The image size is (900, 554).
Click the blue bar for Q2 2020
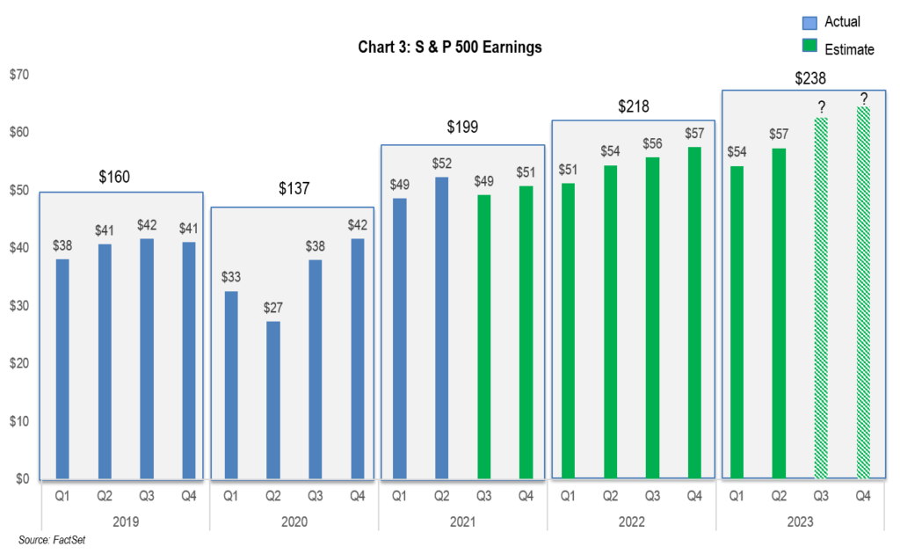273,400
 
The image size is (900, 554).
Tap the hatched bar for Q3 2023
821,298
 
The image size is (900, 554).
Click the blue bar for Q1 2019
62,368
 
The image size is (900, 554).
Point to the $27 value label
273,308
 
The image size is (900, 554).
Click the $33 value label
231,277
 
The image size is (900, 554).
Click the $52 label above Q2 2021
441,164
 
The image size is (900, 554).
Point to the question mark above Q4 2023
864,98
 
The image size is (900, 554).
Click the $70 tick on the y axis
19,75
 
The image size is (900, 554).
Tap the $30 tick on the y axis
19,306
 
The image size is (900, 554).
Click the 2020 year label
294,521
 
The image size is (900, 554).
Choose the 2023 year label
800,521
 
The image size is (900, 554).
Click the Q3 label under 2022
652,496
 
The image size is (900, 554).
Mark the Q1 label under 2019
62,496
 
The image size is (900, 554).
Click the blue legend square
809,24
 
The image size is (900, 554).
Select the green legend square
809,45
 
